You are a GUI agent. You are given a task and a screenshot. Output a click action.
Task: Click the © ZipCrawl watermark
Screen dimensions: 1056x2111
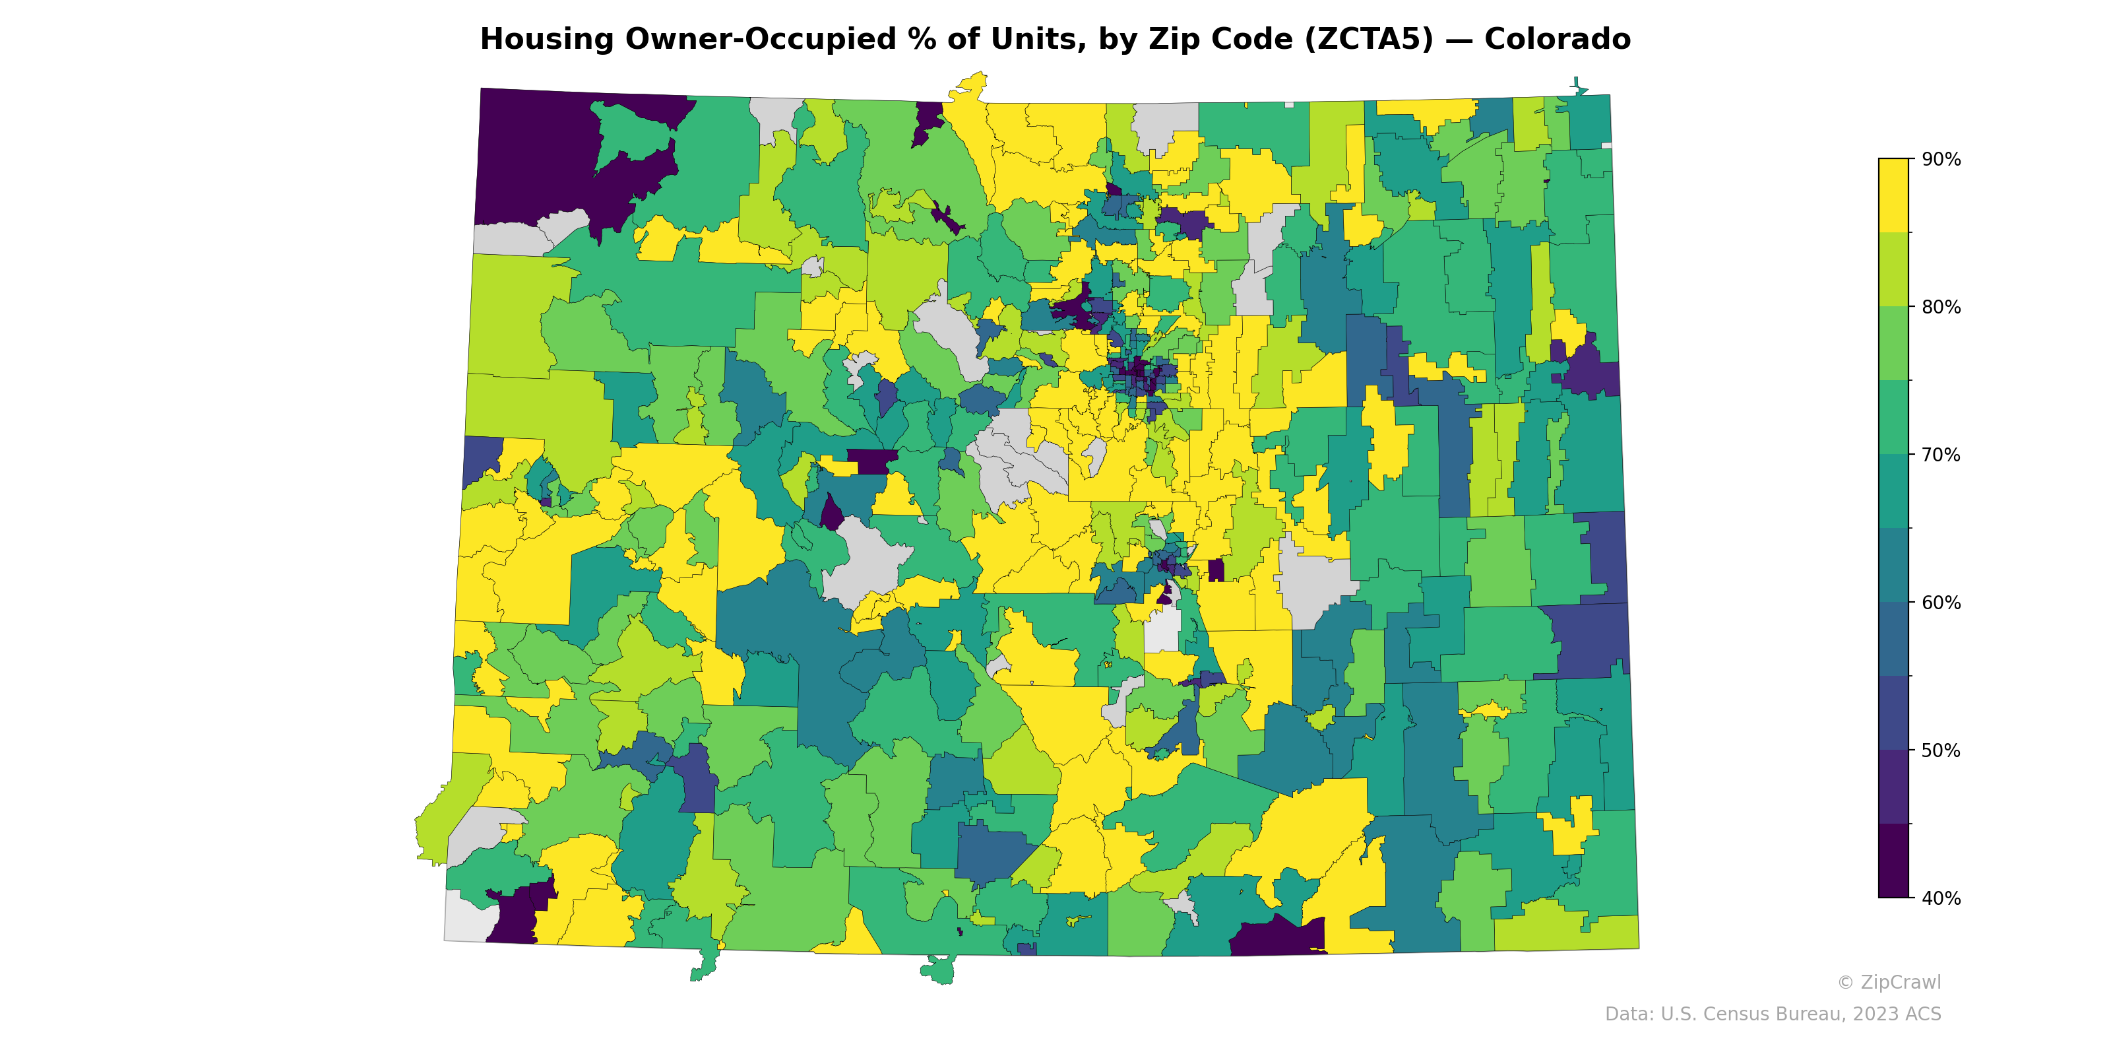[1888, 982]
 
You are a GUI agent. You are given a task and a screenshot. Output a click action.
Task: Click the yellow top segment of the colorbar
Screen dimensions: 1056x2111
[1893, 195]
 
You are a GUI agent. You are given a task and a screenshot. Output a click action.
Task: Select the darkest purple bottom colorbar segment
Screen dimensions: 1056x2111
[1893, 861]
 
